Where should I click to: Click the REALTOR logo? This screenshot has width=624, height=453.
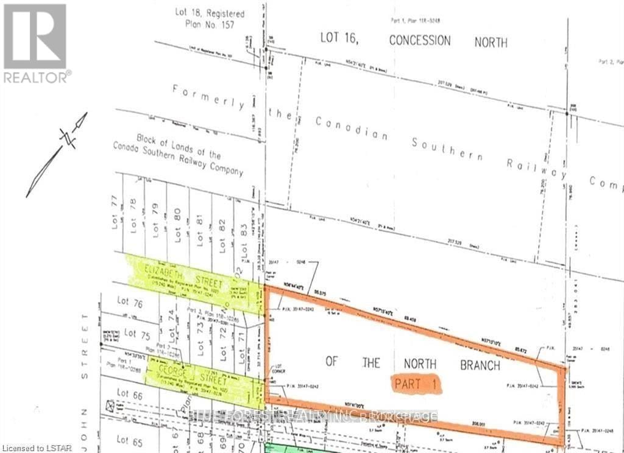35,43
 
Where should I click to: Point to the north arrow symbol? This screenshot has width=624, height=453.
57,155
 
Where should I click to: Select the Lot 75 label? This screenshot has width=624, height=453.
137,333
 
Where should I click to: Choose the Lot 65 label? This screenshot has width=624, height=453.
130,440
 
